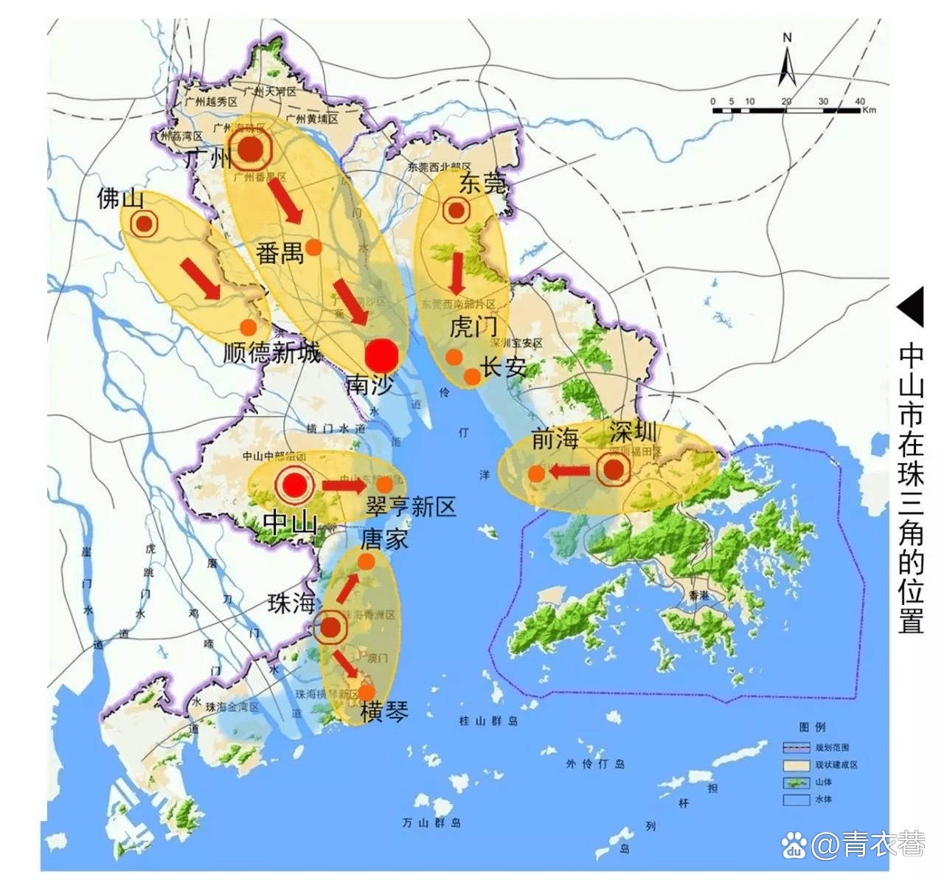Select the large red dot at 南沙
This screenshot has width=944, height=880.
coord(382,356)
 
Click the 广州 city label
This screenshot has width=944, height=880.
coord(206,157)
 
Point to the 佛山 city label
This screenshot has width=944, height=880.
coord(120,198)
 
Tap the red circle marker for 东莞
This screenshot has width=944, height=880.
coord(457,211)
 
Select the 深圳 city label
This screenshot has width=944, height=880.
coord(632,434)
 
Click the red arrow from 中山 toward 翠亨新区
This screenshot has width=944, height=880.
coord(343,485)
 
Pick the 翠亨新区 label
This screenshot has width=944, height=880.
coord(411,506)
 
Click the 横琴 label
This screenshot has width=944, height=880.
coord(384,712)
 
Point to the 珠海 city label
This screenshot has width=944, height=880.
coord(291,603)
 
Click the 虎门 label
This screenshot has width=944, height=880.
coord(473,326)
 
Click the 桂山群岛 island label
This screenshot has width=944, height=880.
coord(488,721)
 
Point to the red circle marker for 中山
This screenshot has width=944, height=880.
coord(294,485)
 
